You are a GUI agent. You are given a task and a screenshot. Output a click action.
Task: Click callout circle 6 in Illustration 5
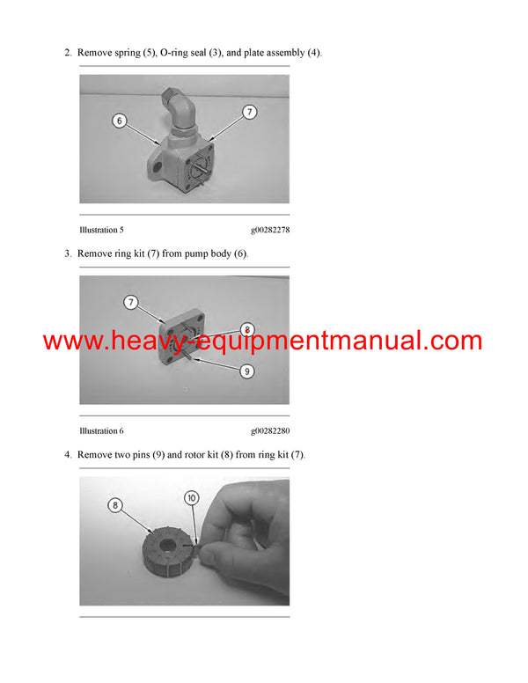pos(119,121)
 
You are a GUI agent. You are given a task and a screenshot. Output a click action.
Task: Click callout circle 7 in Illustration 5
pos(249,112)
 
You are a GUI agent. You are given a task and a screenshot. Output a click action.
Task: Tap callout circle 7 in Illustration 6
pos(130,303)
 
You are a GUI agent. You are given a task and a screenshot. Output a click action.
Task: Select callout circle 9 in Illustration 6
pos(247,371)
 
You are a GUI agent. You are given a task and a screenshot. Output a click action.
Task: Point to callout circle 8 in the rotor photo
pos(115,505)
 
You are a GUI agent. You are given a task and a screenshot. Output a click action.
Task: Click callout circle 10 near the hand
pos(191,497)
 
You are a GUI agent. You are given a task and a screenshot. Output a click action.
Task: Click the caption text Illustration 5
pos(101,230)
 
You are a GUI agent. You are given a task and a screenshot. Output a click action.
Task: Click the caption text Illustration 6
pos(101,431)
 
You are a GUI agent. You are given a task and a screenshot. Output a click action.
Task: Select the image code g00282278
pos(270,230)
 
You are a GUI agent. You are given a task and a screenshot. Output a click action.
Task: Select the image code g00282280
pos(270,431)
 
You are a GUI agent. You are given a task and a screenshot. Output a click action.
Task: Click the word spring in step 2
pos(129,54)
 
